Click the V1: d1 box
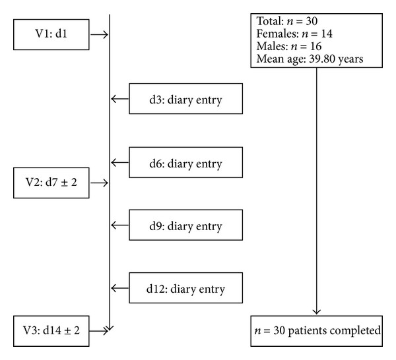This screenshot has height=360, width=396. [51, 34]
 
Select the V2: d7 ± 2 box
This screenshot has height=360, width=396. [51, 183]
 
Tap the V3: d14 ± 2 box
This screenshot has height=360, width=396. [51, 331]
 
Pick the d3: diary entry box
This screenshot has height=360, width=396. [186, 99]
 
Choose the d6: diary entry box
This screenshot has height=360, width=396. [186, 162]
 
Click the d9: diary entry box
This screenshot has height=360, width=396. [186, 225]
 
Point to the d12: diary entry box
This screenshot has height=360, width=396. [186, 288]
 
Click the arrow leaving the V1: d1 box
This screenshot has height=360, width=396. [99, 34]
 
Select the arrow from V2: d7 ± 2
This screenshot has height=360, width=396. [99, 183]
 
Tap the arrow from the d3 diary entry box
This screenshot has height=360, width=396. [120, 99]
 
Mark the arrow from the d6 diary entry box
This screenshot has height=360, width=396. [120, 162]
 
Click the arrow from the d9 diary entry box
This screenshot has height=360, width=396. [120, 225]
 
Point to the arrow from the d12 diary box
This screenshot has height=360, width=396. [120, 288]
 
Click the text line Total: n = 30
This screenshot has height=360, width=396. [287, 21]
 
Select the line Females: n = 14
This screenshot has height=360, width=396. [294, 34]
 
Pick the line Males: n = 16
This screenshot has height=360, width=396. [289, 46]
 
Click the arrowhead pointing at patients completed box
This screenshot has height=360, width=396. [316, 312]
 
